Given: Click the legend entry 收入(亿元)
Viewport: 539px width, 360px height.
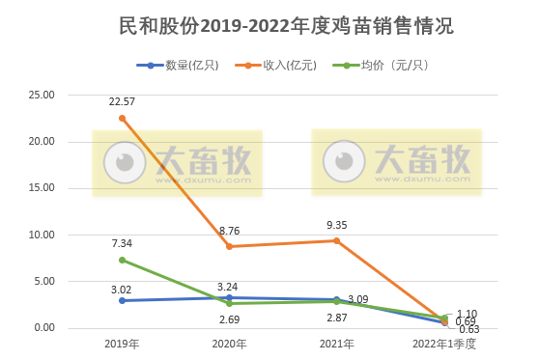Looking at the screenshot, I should click(x=289, y=66).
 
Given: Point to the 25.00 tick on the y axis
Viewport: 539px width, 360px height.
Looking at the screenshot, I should click(x=42, y=96).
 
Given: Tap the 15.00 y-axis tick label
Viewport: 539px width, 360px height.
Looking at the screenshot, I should click(x=42, y=189).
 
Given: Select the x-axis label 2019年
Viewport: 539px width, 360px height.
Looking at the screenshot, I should click(x=122, y=344).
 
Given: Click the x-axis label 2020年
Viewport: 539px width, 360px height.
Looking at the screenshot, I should click(x=229, y=344).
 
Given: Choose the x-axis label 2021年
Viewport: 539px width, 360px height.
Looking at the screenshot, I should click(x=336, y=344).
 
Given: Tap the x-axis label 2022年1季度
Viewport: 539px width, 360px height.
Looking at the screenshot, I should click(x=443, y=344).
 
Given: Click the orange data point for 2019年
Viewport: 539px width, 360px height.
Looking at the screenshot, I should click(x=122, y=118).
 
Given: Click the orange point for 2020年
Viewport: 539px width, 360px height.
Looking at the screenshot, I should click(x=229, y=246).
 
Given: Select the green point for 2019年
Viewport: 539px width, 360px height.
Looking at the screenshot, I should click(x=122, y=260).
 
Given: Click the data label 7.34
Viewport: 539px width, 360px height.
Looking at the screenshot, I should click(x=122, y=243).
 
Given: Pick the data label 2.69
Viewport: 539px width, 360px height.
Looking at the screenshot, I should click(x=229, y=318).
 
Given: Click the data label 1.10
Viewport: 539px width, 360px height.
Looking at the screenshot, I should click(x=467, y=313).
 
